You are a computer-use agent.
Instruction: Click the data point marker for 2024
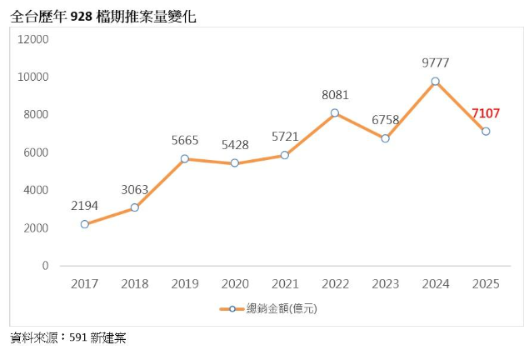pos(435,82)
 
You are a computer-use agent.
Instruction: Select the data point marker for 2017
pos(85,224)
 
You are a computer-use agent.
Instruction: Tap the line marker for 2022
pos(335,113)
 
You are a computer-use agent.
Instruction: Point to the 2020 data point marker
pos(235,163)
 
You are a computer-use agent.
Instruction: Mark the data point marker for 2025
pos(486,132)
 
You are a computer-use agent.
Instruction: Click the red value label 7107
pos(486,113)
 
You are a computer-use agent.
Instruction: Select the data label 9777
pos(437,62)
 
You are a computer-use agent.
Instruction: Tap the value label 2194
pos(85,205)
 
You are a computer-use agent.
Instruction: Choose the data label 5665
pos(185,140)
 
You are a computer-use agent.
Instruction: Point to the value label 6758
pos(385,120)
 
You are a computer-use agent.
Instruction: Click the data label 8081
pos(335,95)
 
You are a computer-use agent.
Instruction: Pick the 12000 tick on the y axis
pos(34,39)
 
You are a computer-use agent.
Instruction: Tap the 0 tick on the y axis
pos(45,266)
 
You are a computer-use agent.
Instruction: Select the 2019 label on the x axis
pos(185,284)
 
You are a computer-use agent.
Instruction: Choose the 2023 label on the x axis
pos(385,284)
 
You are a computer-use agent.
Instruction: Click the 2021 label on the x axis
pos(285,284)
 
